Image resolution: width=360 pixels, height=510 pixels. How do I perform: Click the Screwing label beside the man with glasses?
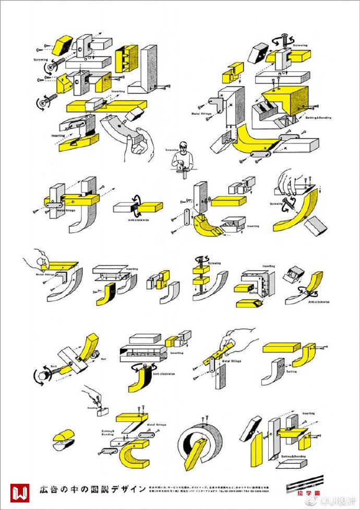[172, 150]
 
